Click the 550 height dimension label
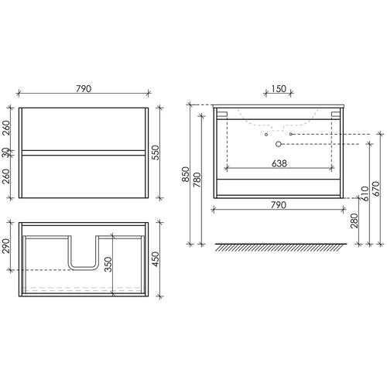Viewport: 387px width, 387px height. tap(156, 152)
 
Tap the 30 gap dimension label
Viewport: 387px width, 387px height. tap(6, 152)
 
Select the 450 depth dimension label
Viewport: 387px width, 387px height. tap(156, 259)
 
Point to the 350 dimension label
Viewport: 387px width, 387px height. tap(108, 264)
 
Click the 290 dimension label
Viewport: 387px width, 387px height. tap(6, 246)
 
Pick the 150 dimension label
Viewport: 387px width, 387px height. tap(279, 89)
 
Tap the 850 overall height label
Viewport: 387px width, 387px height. tap(186, 174)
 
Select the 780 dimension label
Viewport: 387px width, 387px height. tap(197, 180)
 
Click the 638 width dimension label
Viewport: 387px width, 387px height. tap(279, 163)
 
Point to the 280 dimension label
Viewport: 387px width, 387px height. tap(354, 221)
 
